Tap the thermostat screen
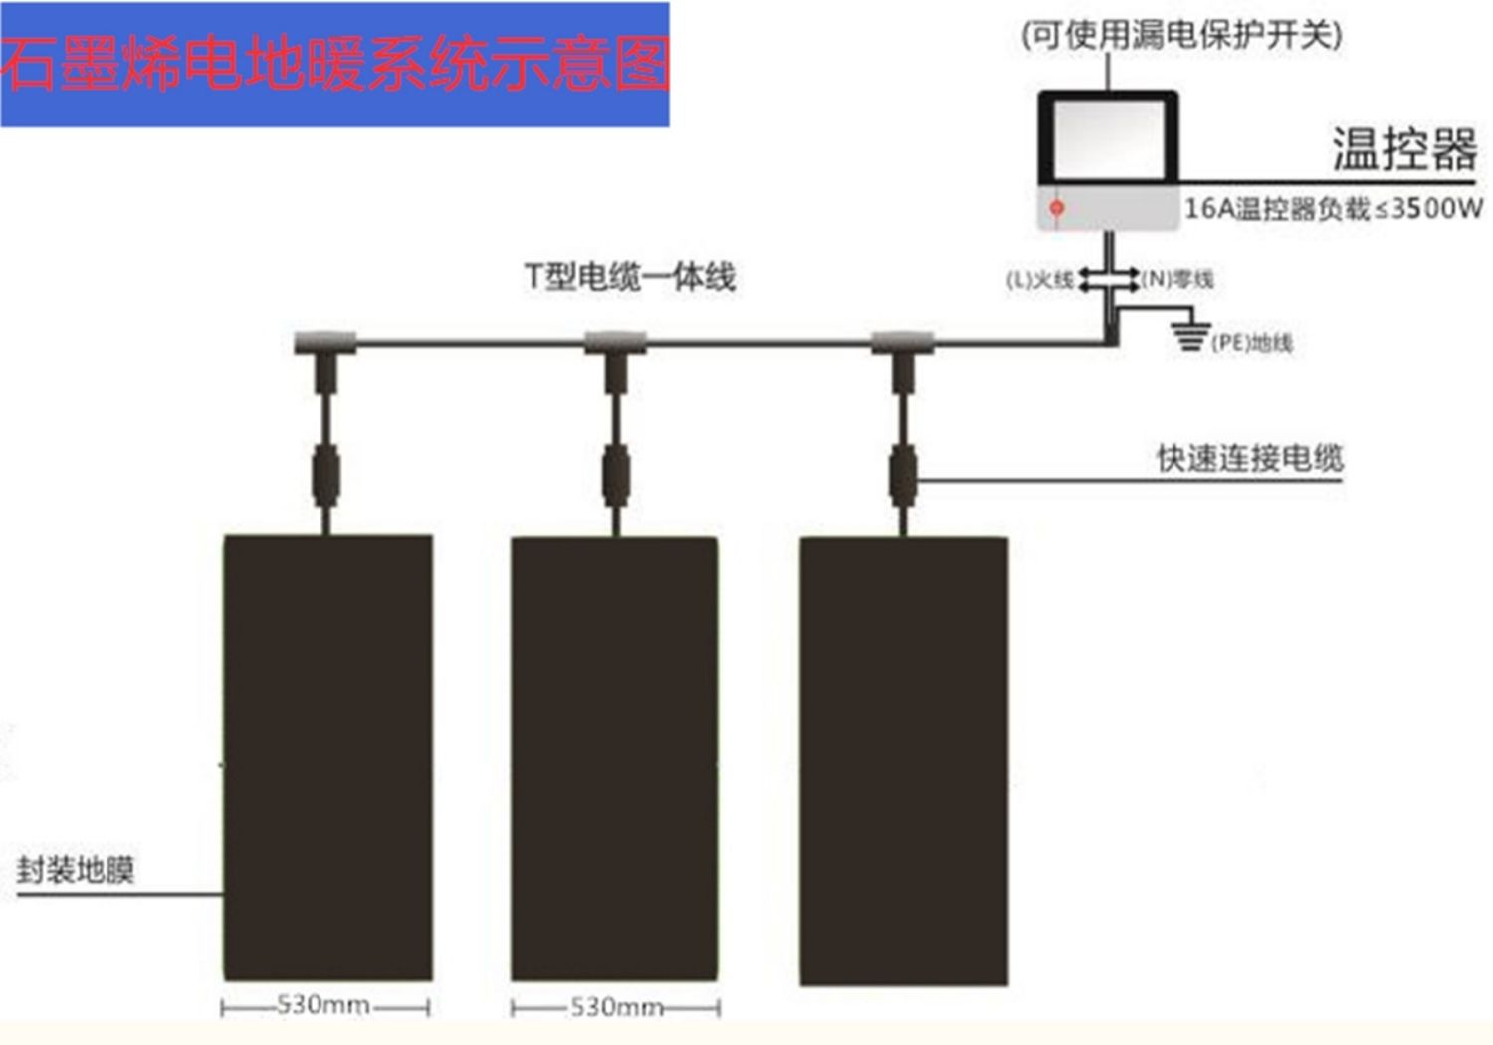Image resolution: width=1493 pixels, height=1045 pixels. (1108, 140)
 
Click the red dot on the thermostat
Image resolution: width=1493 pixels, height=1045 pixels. (1057, 208)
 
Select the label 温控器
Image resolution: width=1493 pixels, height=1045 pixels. (1404, 150)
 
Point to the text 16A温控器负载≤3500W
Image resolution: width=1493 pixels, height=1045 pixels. (1333, 209)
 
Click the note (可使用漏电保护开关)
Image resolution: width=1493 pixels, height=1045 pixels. (1181, 36)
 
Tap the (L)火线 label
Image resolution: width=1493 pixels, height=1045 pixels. (1039, 280)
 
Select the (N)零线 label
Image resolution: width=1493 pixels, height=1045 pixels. (1177, 280)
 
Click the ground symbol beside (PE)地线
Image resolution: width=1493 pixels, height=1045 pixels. (1190, 335)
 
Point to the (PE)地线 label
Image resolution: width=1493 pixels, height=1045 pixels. (1252, 343)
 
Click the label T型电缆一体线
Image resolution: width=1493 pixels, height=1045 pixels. (630, 276)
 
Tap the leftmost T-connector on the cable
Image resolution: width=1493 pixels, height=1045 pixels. (325, 344)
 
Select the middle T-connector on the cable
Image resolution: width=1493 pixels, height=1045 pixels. (615, 344)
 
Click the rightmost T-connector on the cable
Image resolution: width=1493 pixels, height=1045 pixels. (903, 344)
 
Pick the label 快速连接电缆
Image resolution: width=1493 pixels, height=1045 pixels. (1249, 458)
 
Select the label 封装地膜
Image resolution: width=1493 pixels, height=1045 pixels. (76, 870)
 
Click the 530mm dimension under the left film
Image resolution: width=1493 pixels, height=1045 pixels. (324, 1005)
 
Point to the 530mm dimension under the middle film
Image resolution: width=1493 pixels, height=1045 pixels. (615, 1007)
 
